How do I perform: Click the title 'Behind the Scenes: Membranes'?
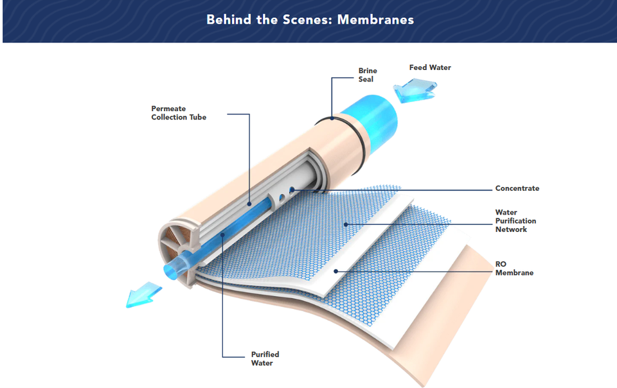[x=310, y=20]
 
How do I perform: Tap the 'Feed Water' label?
[x=430, y=67]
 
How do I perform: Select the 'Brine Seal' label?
[x=368, y=75]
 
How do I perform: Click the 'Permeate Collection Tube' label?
[x=179, y=113]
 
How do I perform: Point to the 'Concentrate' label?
[x=517, y=188]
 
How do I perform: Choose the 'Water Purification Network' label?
[x=515, y=221]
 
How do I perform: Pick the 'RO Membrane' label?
[x=514, y=269]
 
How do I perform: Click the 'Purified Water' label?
[x=265, y=358]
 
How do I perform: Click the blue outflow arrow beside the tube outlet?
[x=143, y=294]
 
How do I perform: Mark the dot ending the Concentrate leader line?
[x=292, y=190]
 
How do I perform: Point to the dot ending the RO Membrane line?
[x=335, y=271]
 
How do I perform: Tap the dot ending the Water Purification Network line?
[x=346, y=224]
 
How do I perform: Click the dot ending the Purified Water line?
[x=223, y=235]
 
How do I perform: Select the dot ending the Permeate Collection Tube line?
[x=249, y=204]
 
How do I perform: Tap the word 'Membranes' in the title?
[x=375, y=20]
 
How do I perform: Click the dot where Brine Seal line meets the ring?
[x=332, y=118]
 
